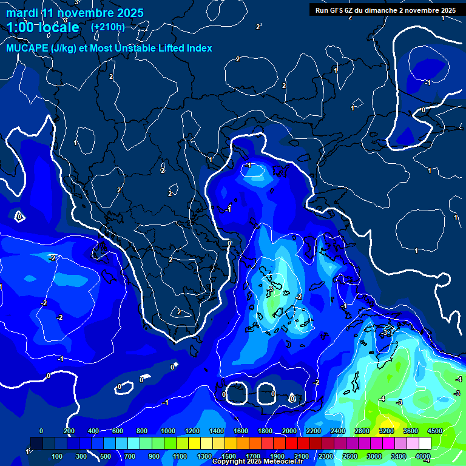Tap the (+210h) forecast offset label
[107, 27]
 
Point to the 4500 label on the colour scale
[434, 431]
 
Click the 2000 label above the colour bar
[289, 431]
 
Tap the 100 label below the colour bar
[58, 456]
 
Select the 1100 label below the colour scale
[180, 456]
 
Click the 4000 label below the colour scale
[422, 456]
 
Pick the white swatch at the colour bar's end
[425, 444]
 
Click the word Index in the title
[199, 49]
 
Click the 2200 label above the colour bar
[313, 431]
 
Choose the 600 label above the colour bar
[118, 431]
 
